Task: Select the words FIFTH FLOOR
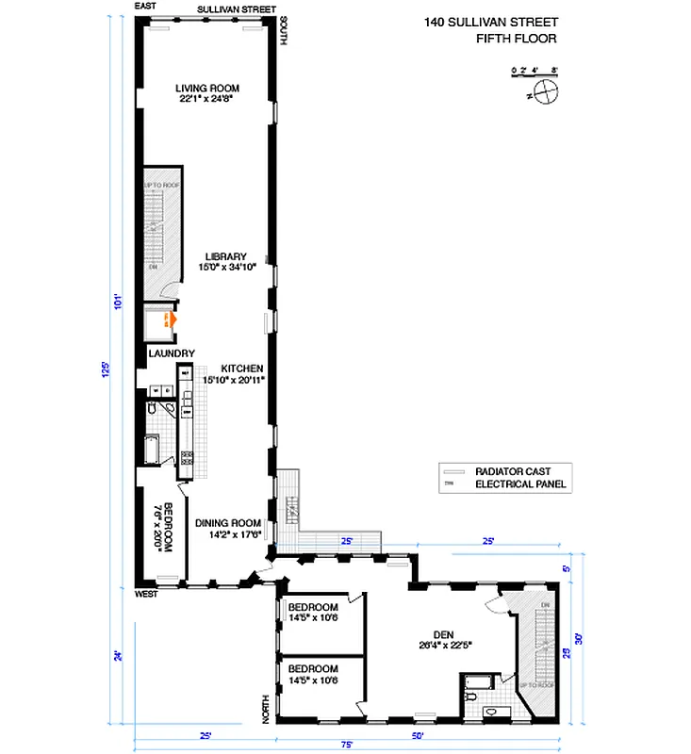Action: click(518, 39)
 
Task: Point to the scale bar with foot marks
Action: click(535, 73)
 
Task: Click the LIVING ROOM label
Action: click(206, 89)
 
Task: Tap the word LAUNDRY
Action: click(172, 353)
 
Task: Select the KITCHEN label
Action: click(241, 369)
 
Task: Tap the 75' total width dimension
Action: click(347, 746)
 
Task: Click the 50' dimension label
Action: click(417, 734)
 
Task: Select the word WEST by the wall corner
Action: click(145, 595)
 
